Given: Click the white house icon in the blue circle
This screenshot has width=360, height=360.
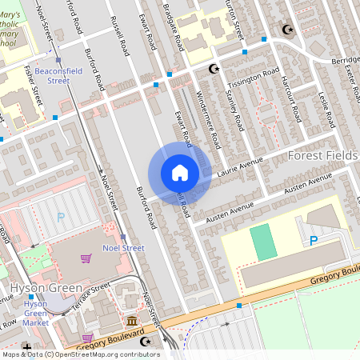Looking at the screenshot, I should pos(179,173).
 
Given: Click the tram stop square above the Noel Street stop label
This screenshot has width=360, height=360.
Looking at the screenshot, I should pos(124,238).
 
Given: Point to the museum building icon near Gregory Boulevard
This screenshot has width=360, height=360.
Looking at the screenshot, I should pos(131,321).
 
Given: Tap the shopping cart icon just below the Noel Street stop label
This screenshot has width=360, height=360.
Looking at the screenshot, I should pos(86,258).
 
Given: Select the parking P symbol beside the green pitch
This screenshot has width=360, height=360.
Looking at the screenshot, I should pos(314,240).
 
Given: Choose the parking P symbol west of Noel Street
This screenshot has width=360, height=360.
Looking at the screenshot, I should pos(60,217).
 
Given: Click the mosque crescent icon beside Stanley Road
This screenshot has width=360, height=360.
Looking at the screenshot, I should pos(213,70).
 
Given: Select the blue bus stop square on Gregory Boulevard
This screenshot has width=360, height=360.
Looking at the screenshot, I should pos(238,305).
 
